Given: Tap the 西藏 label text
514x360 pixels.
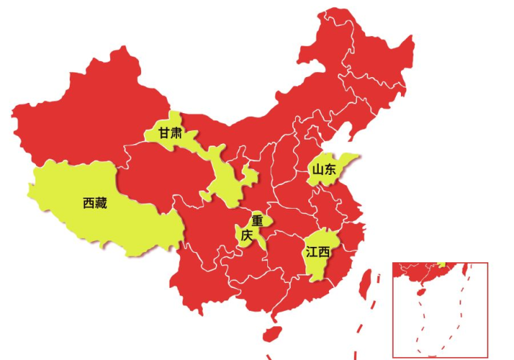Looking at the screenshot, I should coord(95,203).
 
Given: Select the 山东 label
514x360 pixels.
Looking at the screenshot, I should coord(324,169).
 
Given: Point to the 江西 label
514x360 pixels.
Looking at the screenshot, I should coord(318,253).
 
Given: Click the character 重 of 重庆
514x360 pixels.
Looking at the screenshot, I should coord(257,220).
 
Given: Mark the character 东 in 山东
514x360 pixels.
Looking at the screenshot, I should coord(330,169).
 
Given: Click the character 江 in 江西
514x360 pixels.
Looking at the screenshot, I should coord(311,253).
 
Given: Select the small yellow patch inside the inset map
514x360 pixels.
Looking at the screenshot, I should coord(441,264).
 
